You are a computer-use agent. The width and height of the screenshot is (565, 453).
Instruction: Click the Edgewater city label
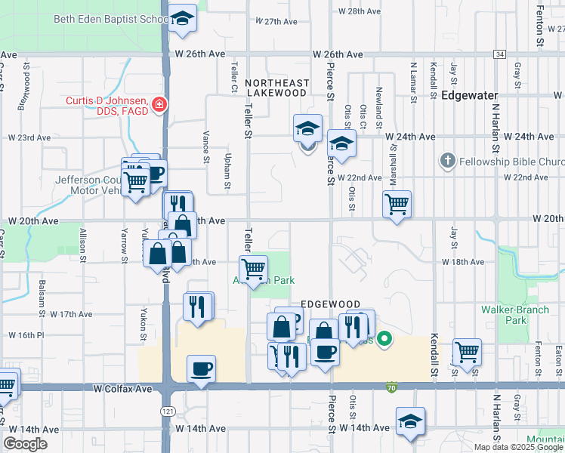[x=470, y=96]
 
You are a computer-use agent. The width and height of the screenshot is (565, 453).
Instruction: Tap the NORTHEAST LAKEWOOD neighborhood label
[x=277, y=88]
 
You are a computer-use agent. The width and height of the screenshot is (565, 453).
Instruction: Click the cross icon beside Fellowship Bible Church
[x=447, y=162]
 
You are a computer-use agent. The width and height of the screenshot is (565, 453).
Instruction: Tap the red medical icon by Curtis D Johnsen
[x=159, y=105]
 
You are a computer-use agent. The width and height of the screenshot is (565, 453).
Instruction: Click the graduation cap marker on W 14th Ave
[x=410, y=422]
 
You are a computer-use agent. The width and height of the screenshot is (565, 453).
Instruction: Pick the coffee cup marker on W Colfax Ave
[x=201, y=370]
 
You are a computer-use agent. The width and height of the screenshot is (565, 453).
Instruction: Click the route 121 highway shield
[x=165, y=411]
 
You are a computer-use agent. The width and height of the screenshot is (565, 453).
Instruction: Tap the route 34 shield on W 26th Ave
[x=499, y=54]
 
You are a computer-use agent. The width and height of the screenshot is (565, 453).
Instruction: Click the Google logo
[x=25, y=444]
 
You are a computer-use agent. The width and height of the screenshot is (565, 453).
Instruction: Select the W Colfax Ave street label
[x=123, y=389]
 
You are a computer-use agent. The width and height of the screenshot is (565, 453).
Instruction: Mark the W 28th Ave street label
[x=360, y=11]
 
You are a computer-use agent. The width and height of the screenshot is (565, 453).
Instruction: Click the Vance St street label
[x=205, y=146]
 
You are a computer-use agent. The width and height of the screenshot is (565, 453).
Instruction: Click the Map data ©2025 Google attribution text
[x=518, y=447]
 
